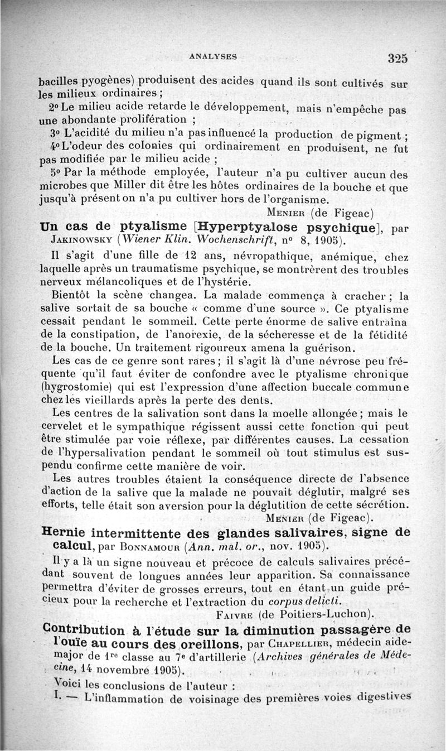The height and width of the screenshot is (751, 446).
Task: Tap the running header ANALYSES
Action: [214, 56]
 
